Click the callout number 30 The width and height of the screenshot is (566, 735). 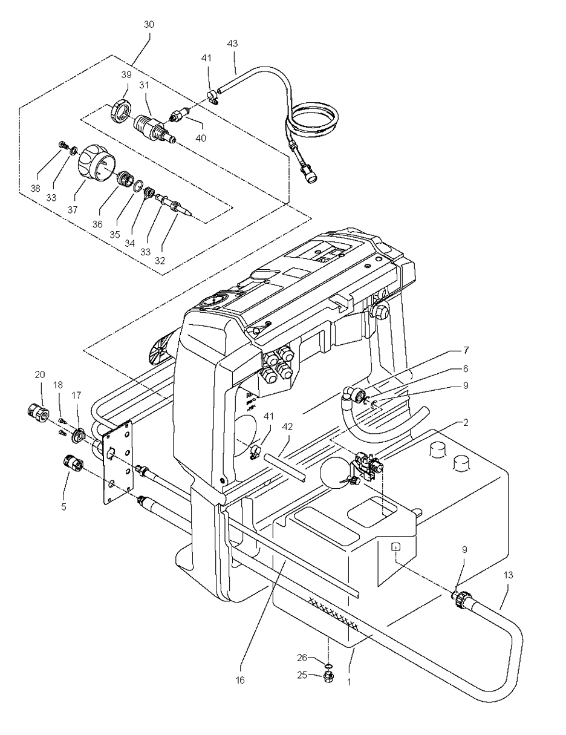click(149, 25)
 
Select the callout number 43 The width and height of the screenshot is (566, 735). click(232, 44)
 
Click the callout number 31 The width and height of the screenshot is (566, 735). click(144, 85)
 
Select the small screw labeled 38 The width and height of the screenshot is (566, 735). click(63, 144)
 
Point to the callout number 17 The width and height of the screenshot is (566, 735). click(77, 394)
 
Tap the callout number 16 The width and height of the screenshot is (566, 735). click(240, 680)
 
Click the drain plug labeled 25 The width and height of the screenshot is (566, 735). click(329, 675)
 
